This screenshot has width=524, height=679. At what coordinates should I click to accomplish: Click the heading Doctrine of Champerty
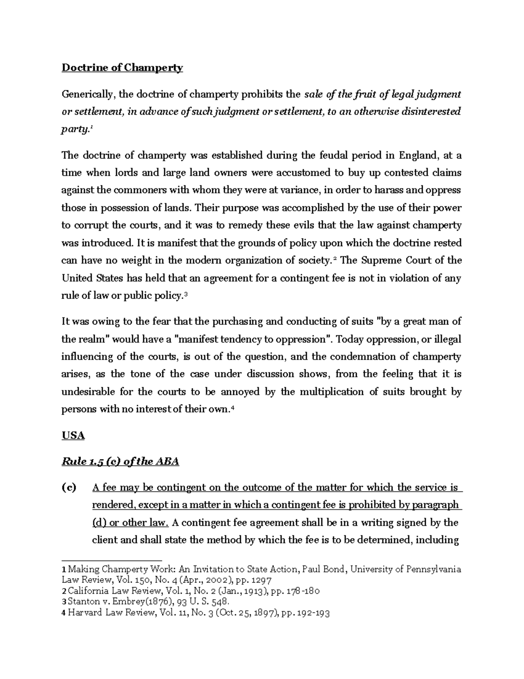(122, 68)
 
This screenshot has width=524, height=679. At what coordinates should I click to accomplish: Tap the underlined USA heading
(73, 435)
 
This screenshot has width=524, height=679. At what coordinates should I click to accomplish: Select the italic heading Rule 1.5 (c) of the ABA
(121, 462)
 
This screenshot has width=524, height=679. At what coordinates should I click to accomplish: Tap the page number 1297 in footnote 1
(262, 580)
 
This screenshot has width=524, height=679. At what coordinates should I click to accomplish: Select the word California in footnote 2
(86, 591)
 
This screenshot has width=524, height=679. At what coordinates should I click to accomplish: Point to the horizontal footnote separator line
(111, 560)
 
